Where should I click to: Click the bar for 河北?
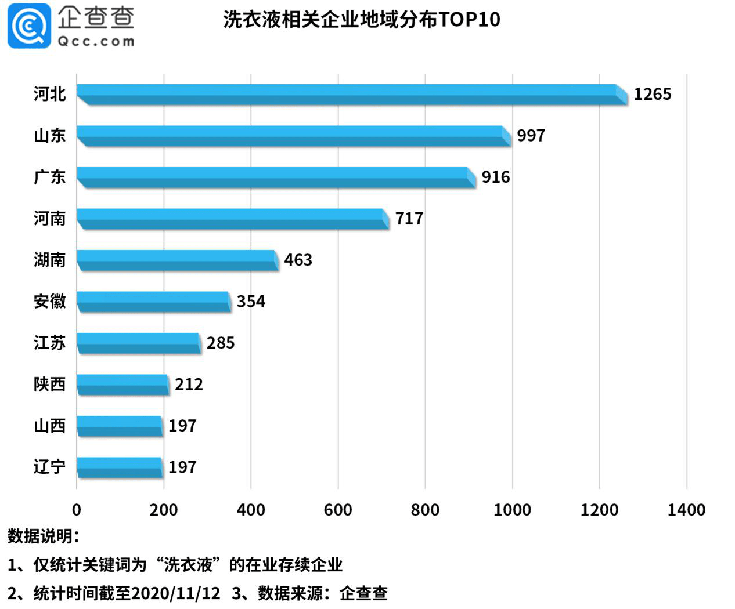pos(351,95)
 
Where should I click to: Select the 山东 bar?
pos(293,136)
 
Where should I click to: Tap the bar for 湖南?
pos(177,260)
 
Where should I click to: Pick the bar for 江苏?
pos(138,343)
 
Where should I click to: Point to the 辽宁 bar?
pos(119,467)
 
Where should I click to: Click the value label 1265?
pos(652,94)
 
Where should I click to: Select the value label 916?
pos(495,177)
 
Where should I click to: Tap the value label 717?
pos(409,219)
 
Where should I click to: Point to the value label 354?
pos(250,302)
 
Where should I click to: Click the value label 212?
pos(189,385)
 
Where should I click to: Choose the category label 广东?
pos(49,177)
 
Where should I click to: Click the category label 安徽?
pos(49,302)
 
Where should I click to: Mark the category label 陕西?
pos(49,385)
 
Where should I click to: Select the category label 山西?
pos(49,426)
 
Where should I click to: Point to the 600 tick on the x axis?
pos(338,510)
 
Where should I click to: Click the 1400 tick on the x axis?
pos(686,510)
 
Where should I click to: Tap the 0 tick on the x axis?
pos(77,510)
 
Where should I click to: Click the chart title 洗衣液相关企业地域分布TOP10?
pos(361,20)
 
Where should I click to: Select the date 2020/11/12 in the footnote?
pos(176,593)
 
